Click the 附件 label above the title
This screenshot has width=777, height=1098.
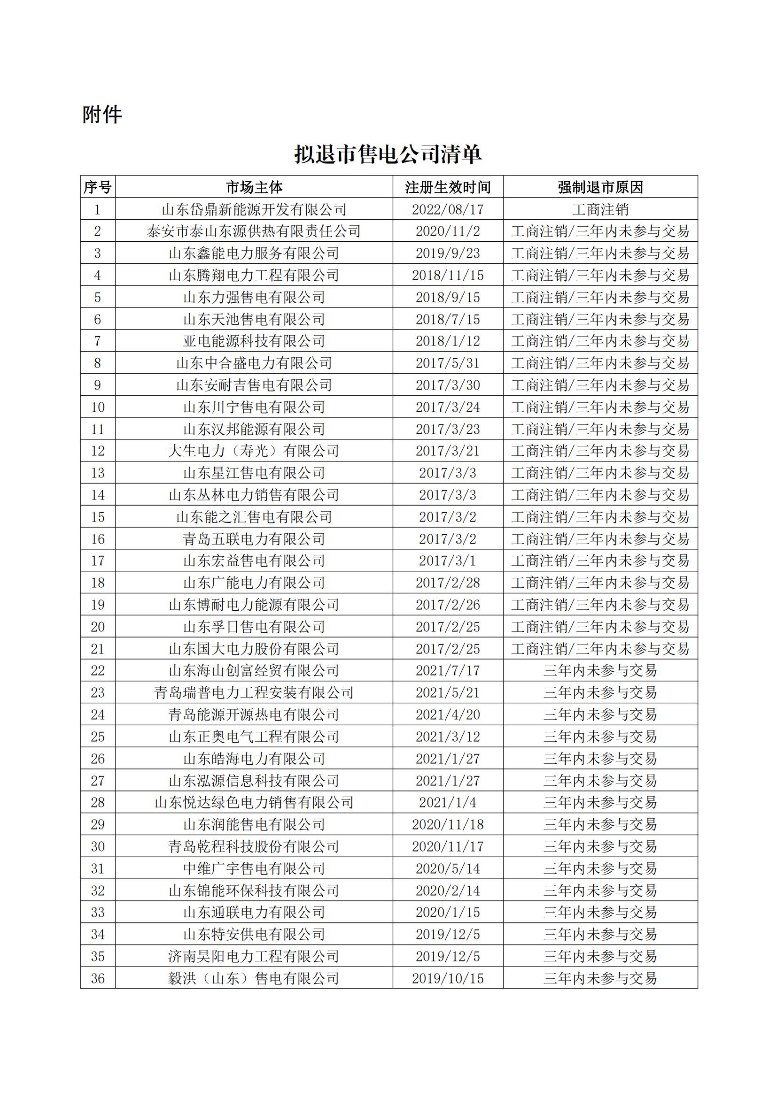[102, 115]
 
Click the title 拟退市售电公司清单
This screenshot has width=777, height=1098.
[388, 154]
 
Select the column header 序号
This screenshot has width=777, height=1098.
[98, 187]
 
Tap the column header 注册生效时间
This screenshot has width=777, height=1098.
[448, 187]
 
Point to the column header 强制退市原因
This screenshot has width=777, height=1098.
[600, 187]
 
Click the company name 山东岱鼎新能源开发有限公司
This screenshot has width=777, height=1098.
[254, 209]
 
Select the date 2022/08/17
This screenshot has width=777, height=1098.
[448, 209]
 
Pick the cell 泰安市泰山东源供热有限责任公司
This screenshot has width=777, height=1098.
[254, 231]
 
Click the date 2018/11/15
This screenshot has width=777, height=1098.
[448, 276]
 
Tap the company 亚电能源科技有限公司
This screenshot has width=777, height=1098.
[254, 341]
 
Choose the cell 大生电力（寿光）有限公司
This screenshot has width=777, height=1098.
[254, 451]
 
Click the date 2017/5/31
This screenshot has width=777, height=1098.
[448, 363]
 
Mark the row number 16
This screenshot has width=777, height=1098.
[98, 539]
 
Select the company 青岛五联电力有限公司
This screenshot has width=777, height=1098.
[254, 539]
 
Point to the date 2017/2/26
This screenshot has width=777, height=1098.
[448, 605]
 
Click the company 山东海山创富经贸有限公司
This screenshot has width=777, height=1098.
[254, 670]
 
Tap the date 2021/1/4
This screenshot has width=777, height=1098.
[448, 802]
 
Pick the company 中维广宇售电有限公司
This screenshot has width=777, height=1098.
[254, 868]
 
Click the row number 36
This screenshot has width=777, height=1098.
[98, 978]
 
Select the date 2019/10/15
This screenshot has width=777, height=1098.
[448, 978]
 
